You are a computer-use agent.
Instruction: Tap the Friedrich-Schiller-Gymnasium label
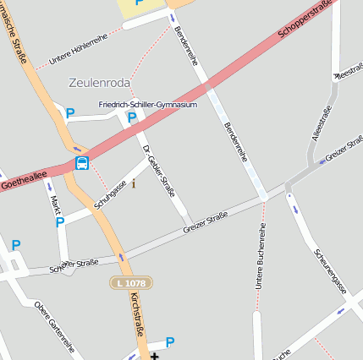click(147, 105)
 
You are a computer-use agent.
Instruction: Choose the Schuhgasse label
click(111, 194)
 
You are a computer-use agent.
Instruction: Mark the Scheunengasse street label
click(331, 271)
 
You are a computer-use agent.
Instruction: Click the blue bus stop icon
click(82, 163)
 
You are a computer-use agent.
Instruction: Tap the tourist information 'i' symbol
click(133, 183)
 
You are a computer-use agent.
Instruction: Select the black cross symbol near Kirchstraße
click(154, 356)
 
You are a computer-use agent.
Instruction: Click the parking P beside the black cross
click(170, 342)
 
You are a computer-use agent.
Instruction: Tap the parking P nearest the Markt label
click(59, 222)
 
